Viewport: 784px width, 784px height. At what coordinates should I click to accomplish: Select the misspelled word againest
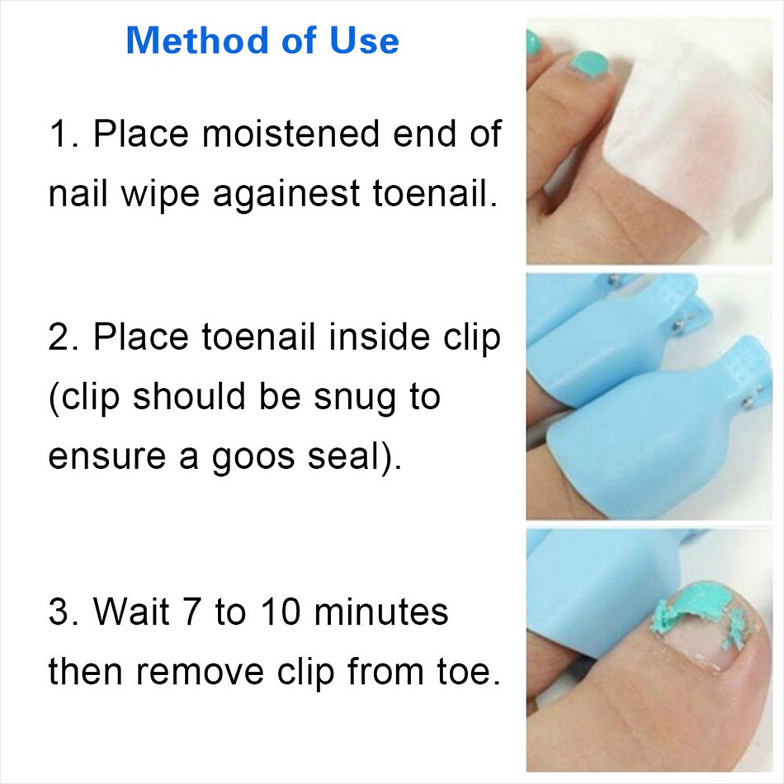pos(286,195)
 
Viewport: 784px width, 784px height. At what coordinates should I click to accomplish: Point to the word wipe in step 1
pos(160,195)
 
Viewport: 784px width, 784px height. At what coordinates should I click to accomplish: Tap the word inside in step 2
pos(380,337)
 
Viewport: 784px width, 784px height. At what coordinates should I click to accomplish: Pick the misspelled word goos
pos(253,457)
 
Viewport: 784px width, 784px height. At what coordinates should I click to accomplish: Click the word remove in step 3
pos(201,673)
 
